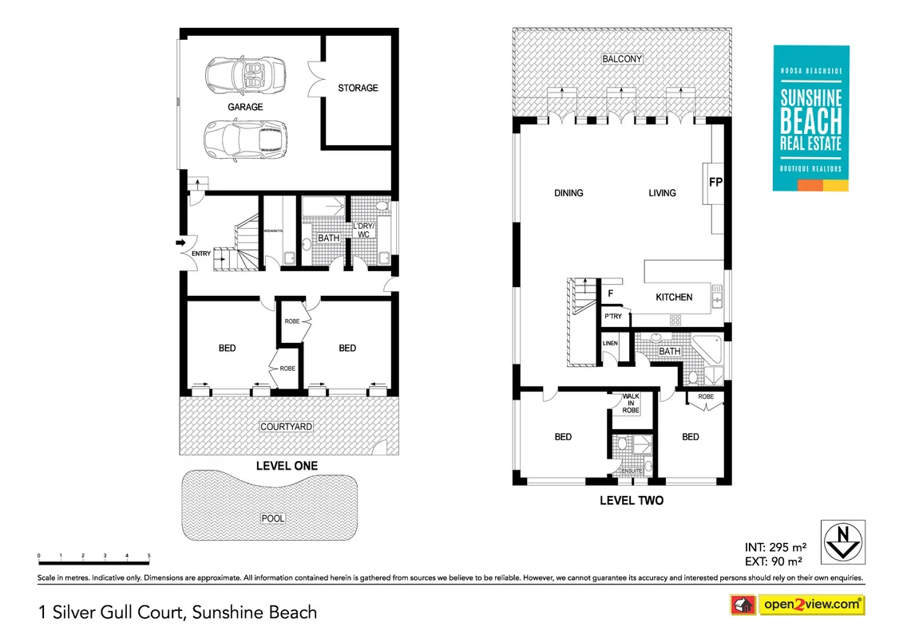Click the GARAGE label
point(245,107)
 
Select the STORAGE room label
point(357,88)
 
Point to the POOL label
point(273,518)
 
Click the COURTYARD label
point(286,427)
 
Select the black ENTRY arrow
point(181,242)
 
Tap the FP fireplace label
point(715,183)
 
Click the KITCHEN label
point(674,297)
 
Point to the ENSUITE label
point(632,471)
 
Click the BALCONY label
point(623,59)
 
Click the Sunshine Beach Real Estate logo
point(810,118)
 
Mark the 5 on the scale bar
point(149,554)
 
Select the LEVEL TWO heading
point(631,501)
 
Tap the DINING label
point(568,193)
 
